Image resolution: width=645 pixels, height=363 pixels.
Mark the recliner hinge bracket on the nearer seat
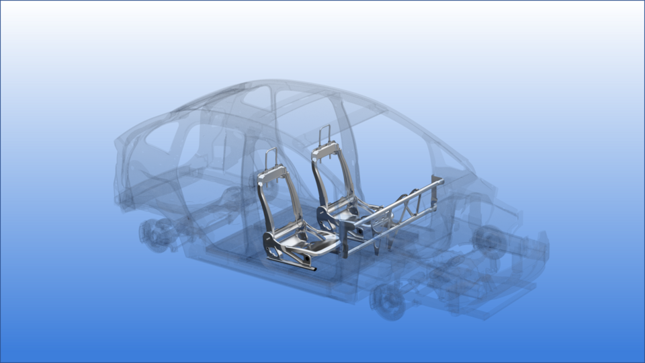pos(275,242)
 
